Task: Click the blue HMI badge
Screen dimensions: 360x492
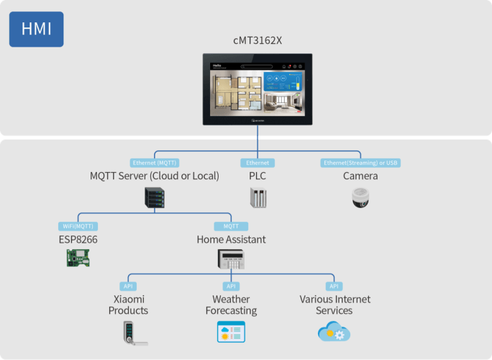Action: pos(36,29)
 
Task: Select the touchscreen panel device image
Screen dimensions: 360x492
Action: pos(258,90)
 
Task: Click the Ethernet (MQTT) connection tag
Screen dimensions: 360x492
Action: pos(154,163)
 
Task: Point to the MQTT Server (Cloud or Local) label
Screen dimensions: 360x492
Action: pos(154,176)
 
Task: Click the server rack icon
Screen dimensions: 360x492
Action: pos(155,198)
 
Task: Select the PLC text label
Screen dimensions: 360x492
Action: pos(258,176)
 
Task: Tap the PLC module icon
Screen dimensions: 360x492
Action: pos(258,198)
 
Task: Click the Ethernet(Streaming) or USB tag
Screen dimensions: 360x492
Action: pos(360,163)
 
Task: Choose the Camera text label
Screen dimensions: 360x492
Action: pos(360,176)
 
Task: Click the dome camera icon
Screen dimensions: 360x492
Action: pos(360,198)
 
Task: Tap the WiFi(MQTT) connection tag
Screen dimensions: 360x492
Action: pos(78,226)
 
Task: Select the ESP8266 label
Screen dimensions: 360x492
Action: pos(78,239)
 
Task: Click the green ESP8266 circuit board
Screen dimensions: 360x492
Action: pos(78,258)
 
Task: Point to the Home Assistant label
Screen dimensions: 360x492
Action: pos(231,239)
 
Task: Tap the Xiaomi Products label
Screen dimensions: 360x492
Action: pos(128,305)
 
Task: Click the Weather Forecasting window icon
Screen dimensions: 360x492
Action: pos(231,331)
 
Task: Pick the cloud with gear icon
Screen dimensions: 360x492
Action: pos(334,331)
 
